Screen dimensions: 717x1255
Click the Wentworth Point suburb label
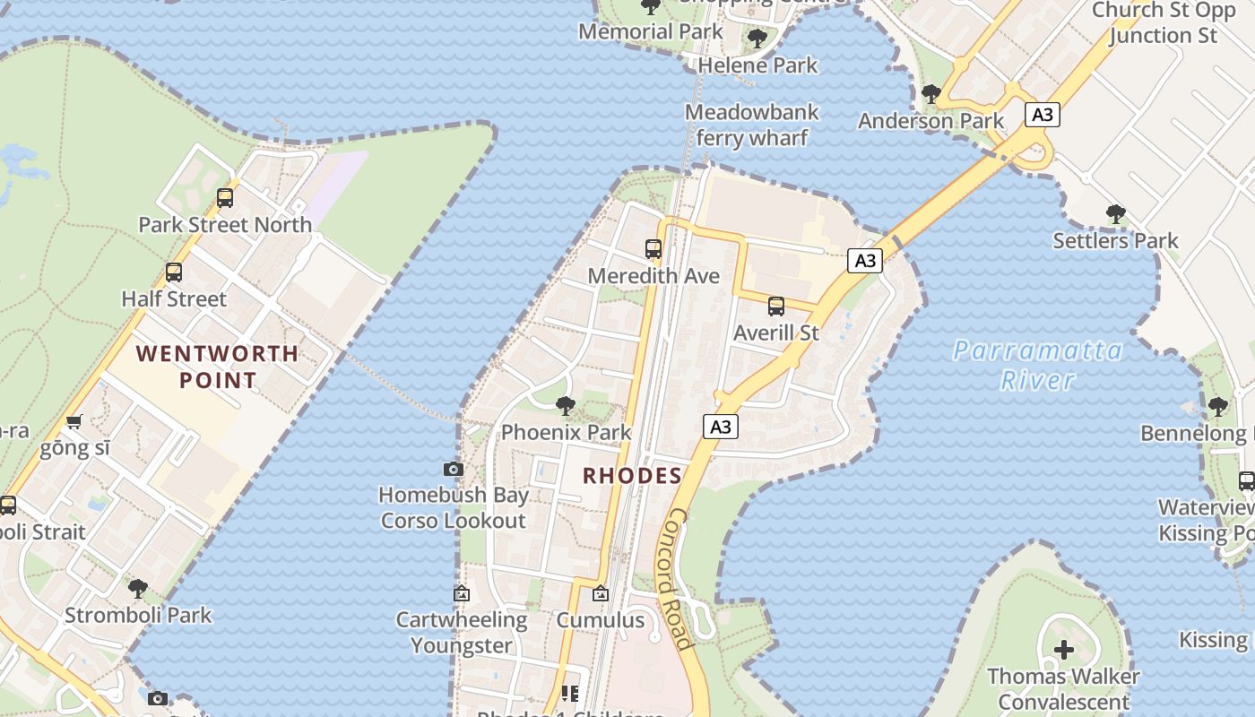(218, 367)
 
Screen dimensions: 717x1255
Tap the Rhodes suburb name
(633, 475)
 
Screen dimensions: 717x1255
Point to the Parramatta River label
(1037, 365)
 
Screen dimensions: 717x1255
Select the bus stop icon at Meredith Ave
(653, 249)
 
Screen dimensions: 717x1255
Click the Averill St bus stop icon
(776, 307)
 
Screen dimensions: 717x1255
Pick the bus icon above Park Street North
(225, 198)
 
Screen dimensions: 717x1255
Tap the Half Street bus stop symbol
(174, 272)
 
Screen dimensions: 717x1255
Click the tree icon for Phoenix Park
(566, 406)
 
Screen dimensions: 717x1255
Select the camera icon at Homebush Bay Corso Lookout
(454, 469)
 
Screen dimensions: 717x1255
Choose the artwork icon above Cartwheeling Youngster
(462, 593)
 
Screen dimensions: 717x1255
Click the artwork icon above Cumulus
(601, 593)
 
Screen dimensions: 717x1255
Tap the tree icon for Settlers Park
(1116, 214)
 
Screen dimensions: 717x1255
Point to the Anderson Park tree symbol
(931, 93)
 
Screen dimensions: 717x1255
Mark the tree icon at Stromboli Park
(138, 589)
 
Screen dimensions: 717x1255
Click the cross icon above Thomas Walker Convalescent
(1064, 649)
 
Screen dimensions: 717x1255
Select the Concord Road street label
(680, 578)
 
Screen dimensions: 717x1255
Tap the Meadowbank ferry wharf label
(751, 125)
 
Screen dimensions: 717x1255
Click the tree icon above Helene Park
(757, 39)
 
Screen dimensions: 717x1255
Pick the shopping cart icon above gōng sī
(74, 421)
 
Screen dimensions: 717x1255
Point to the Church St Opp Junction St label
(1164, 22)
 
